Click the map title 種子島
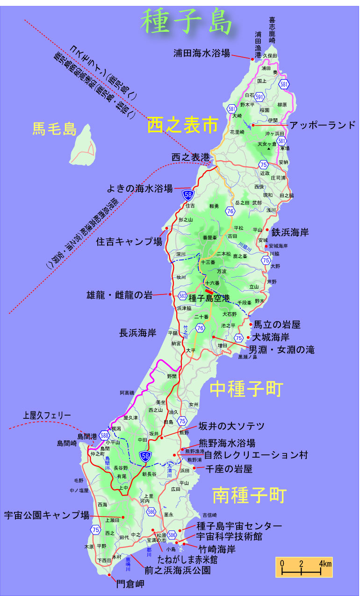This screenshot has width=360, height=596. (x=187, y=22)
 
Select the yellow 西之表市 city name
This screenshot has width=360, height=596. (x=182, y=125)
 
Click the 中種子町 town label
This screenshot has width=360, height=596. (x=246, y=389)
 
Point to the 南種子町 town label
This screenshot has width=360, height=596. (x=249, y=495)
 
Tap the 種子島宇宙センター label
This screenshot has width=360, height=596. (x=239, y=526)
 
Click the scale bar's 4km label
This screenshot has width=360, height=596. (x=326, y=563)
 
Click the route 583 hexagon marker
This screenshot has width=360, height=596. (x=182, y=296)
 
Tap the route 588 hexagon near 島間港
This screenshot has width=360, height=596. (x=104, y=436)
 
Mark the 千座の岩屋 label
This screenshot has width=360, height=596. (x=228, y=468)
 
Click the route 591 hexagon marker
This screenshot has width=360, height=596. (x=260, y=96)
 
